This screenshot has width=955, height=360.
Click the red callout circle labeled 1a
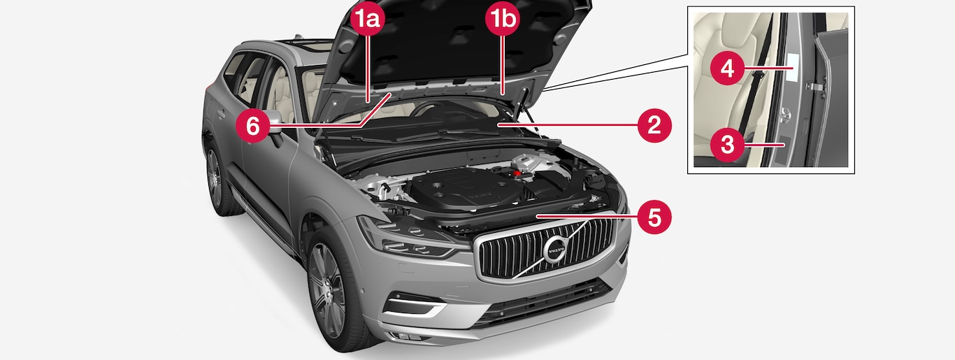tap(368, 19)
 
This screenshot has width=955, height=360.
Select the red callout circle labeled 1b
tap(503, 19)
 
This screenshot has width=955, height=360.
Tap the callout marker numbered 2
tap(654, 126)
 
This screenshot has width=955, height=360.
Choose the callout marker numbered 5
tap(654, 217)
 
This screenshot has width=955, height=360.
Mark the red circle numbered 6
tap(253, 126)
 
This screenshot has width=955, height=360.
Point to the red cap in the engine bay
tap(517, 173)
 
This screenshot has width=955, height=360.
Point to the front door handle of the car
tap(221, 114)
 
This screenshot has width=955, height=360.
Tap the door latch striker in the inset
tap(784, 115)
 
